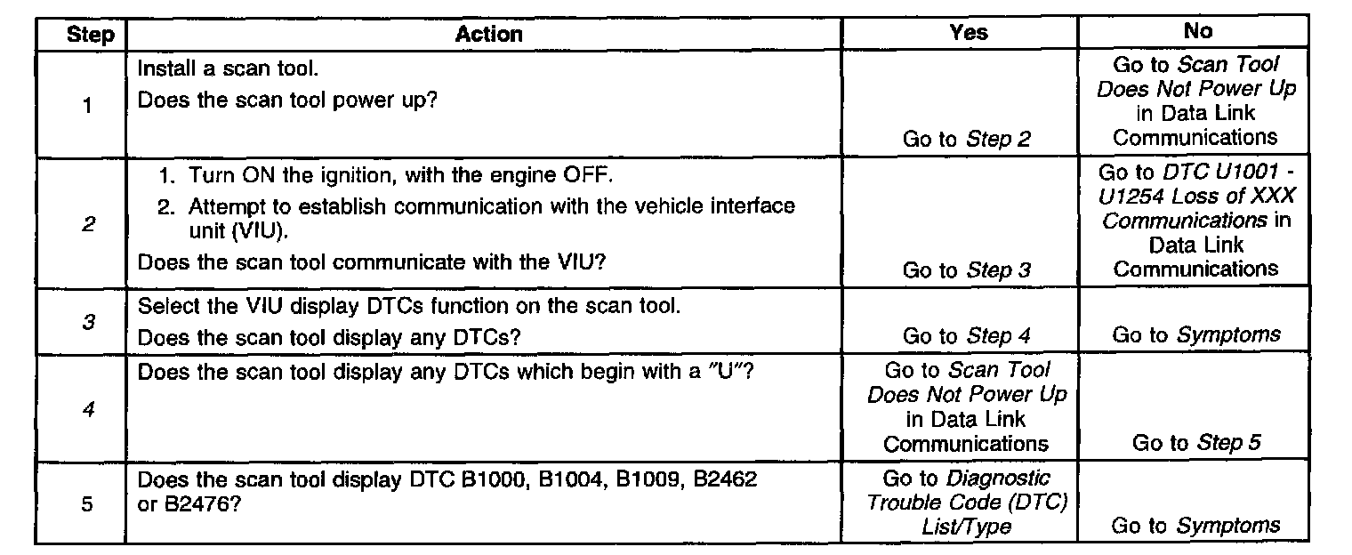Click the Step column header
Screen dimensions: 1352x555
click(x=90, y=35)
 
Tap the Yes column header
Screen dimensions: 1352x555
click(x=968, y=32)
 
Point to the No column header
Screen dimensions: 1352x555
click(x=1197, y=31)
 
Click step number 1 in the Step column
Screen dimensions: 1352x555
click(x=87, y=106)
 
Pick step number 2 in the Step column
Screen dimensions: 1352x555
click(x=87, y=224)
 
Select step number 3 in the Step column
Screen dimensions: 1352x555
click(x=87, y=322)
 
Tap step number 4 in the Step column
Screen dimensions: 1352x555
click(x=87, y=410)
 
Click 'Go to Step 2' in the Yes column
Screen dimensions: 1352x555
click(x=967, y=140)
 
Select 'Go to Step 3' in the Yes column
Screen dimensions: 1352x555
click(x=967, y=270)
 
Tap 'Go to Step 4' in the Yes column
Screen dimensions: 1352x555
click(x=967, y=336)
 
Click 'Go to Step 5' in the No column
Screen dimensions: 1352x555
click(x=1196, y=443)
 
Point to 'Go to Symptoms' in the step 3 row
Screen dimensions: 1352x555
click(x=1196, y=335)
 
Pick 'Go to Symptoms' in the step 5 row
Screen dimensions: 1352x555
click(x=1196, y=526)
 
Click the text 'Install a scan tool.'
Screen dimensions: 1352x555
click(x=221, y=68)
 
